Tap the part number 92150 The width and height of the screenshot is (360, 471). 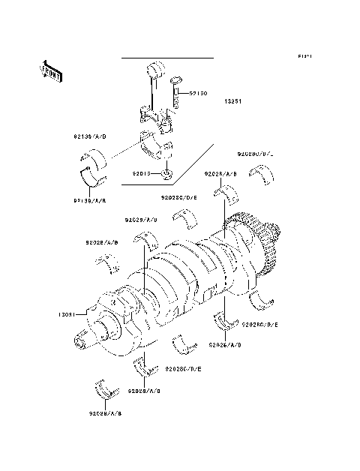point(198,94)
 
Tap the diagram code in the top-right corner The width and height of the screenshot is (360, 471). point(304,56)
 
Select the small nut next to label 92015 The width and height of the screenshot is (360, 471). point(169,175)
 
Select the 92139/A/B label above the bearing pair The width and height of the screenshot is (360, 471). point(89,138)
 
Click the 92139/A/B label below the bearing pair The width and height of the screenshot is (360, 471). point(89,200)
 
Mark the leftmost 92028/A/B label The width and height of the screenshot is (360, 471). point(101,243)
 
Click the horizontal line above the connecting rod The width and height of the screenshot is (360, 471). point(167,58)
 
